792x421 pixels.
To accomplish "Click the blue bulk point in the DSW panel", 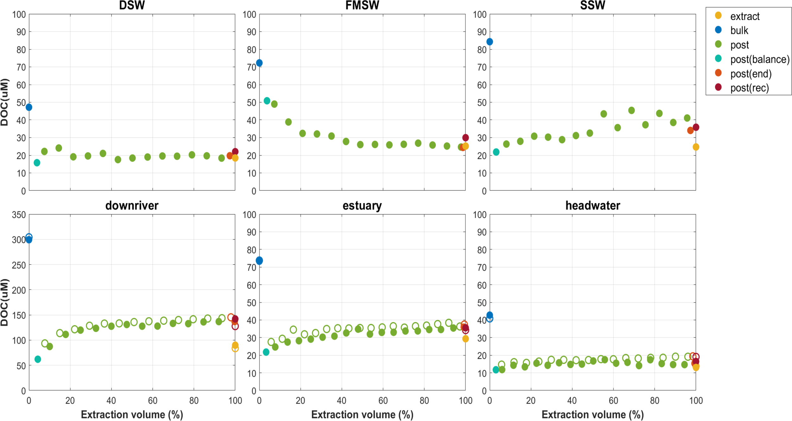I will (29, 107).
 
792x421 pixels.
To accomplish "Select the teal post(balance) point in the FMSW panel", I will (267, 101).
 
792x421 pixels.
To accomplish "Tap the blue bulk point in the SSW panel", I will (489, 42).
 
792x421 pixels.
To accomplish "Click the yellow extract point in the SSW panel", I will (696, 147).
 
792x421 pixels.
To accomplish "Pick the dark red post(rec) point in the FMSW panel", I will (465, 138).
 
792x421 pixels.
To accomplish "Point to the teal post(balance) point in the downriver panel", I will (38, 359).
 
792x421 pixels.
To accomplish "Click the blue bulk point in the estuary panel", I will (259, 261).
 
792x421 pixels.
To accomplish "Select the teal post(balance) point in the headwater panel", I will (496, 370).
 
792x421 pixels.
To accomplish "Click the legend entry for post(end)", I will (751, 74).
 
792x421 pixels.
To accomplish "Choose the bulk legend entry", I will (739, 30).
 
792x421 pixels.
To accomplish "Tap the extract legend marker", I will (718, 16).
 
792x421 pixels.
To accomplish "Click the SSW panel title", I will (592, 5).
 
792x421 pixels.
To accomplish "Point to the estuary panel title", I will (362, 206).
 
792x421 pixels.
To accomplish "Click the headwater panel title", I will (592, 206).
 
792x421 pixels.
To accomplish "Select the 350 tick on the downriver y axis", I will (19, 215).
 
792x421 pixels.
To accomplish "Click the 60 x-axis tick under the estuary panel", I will (383, 401).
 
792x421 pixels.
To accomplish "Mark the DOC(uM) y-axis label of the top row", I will (4, 102).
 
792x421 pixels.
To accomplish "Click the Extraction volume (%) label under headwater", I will (592, 415).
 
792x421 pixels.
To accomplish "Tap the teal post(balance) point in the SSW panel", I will (496, 152).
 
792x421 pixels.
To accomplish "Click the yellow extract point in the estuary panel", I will (465, 339).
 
